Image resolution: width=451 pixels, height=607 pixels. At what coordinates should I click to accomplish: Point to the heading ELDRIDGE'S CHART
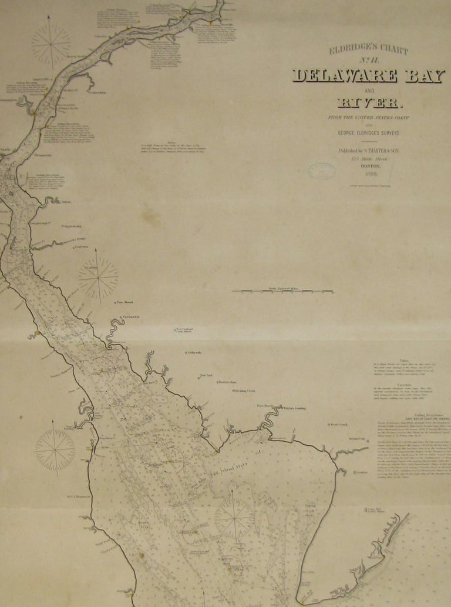pos(369,49)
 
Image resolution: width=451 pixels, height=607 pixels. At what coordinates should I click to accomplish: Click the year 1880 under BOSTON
pos(370,174)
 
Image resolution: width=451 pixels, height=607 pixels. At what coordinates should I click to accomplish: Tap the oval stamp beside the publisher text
pos(321,171)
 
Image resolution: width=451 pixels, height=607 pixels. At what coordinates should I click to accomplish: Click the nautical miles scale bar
pos(282,291)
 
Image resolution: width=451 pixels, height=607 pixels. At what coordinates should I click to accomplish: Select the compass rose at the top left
pos(51,43)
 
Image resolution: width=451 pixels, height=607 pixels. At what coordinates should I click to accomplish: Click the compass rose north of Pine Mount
pos(97,278)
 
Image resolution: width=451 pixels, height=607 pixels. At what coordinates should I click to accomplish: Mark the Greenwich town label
pos(131,317)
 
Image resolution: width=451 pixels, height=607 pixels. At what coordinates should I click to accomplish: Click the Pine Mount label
pos(125,302)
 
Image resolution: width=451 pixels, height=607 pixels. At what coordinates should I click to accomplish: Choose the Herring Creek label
pos(245,391)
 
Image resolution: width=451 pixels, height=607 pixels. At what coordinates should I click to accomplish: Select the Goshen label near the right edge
pos(362,472)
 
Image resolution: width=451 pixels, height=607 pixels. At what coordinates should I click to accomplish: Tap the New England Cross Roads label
pos(184,331)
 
